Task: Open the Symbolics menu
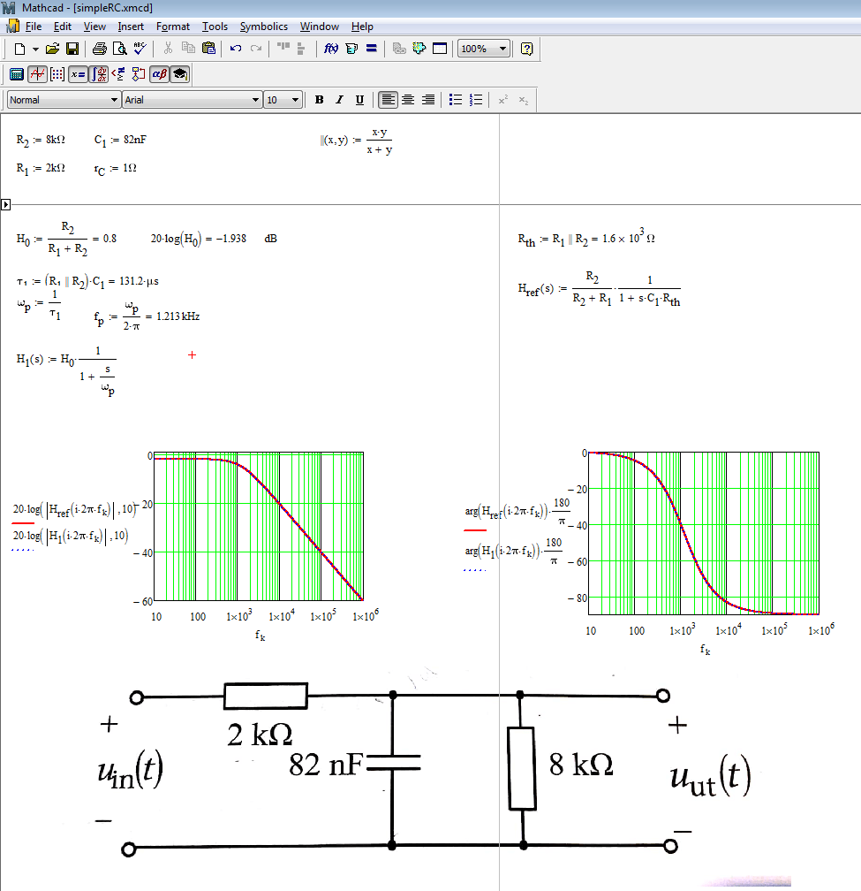coord(263,27)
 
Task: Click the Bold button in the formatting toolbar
coord(320,100)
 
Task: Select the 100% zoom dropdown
coord(484,49)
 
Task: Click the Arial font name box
coord(192,100)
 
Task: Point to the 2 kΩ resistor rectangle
coord(266,696)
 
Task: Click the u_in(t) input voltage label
coord(130,772)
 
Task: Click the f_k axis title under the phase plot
coord(705,650)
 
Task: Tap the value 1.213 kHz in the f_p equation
coord(177,316)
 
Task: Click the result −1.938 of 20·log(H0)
coord(230,239)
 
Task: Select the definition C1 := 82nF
coord(117,140)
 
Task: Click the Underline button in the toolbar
coord(359,100)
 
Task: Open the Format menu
coord(173,27)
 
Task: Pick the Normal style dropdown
coord(64,100)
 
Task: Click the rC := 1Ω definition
coord(115,168)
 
